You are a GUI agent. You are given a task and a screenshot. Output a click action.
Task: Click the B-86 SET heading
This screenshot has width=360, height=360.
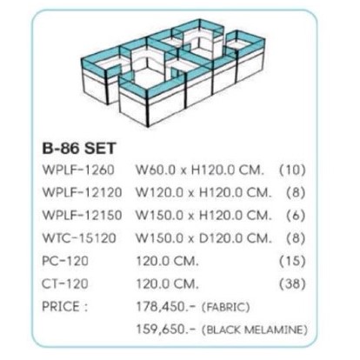click(x=79, y=148)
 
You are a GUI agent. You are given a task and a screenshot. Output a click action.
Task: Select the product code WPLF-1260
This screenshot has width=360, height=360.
click(x=78, y=170)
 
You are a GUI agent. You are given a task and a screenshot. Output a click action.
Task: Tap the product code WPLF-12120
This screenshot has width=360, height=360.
click(x=82, y=192)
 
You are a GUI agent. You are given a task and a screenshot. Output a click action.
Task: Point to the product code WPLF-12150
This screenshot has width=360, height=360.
click(x=82, y=216)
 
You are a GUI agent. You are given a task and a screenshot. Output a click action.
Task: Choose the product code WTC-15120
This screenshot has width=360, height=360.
click(x=79, y=238)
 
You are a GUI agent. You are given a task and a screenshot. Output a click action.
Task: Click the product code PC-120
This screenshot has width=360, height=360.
click(x=65, y=261)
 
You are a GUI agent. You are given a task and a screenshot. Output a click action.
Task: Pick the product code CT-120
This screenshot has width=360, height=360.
click(x=65, y=283)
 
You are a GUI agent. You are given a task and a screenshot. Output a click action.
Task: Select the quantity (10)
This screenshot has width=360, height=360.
click(x=292, y=170)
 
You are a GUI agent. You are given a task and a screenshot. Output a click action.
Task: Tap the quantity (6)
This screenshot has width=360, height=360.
click(x=296, y=216)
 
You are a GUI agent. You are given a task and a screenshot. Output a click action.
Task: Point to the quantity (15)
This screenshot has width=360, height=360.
click(x=292, y=261)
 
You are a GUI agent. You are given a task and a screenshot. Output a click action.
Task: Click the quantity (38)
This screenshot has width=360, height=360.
click(x=292, y=283)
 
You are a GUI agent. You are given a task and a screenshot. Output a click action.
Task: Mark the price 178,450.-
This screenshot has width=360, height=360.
click(x=166, y=307)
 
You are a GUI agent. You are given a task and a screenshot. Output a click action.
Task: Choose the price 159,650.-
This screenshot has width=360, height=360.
click(x=166, y=330)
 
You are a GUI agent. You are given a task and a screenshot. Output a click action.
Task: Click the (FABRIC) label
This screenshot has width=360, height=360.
click(x=226, y=307)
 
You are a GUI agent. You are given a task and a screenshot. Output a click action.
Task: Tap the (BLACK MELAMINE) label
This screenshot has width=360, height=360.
click(x=255, y=330)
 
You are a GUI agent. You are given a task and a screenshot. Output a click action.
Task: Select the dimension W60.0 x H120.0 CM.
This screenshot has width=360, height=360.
click(x=200, y=170)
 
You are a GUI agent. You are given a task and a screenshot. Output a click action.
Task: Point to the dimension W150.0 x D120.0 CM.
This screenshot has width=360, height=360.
click(x=204, y=238)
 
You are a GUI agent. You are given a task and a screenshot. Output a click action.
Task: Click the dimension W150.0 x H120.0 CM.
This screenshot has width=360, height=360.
click(x=204, y=216)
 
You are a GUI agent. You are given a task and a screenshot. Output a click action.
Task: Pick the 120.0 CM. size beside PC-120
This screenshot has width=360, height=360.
click(x=168, y=261)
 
